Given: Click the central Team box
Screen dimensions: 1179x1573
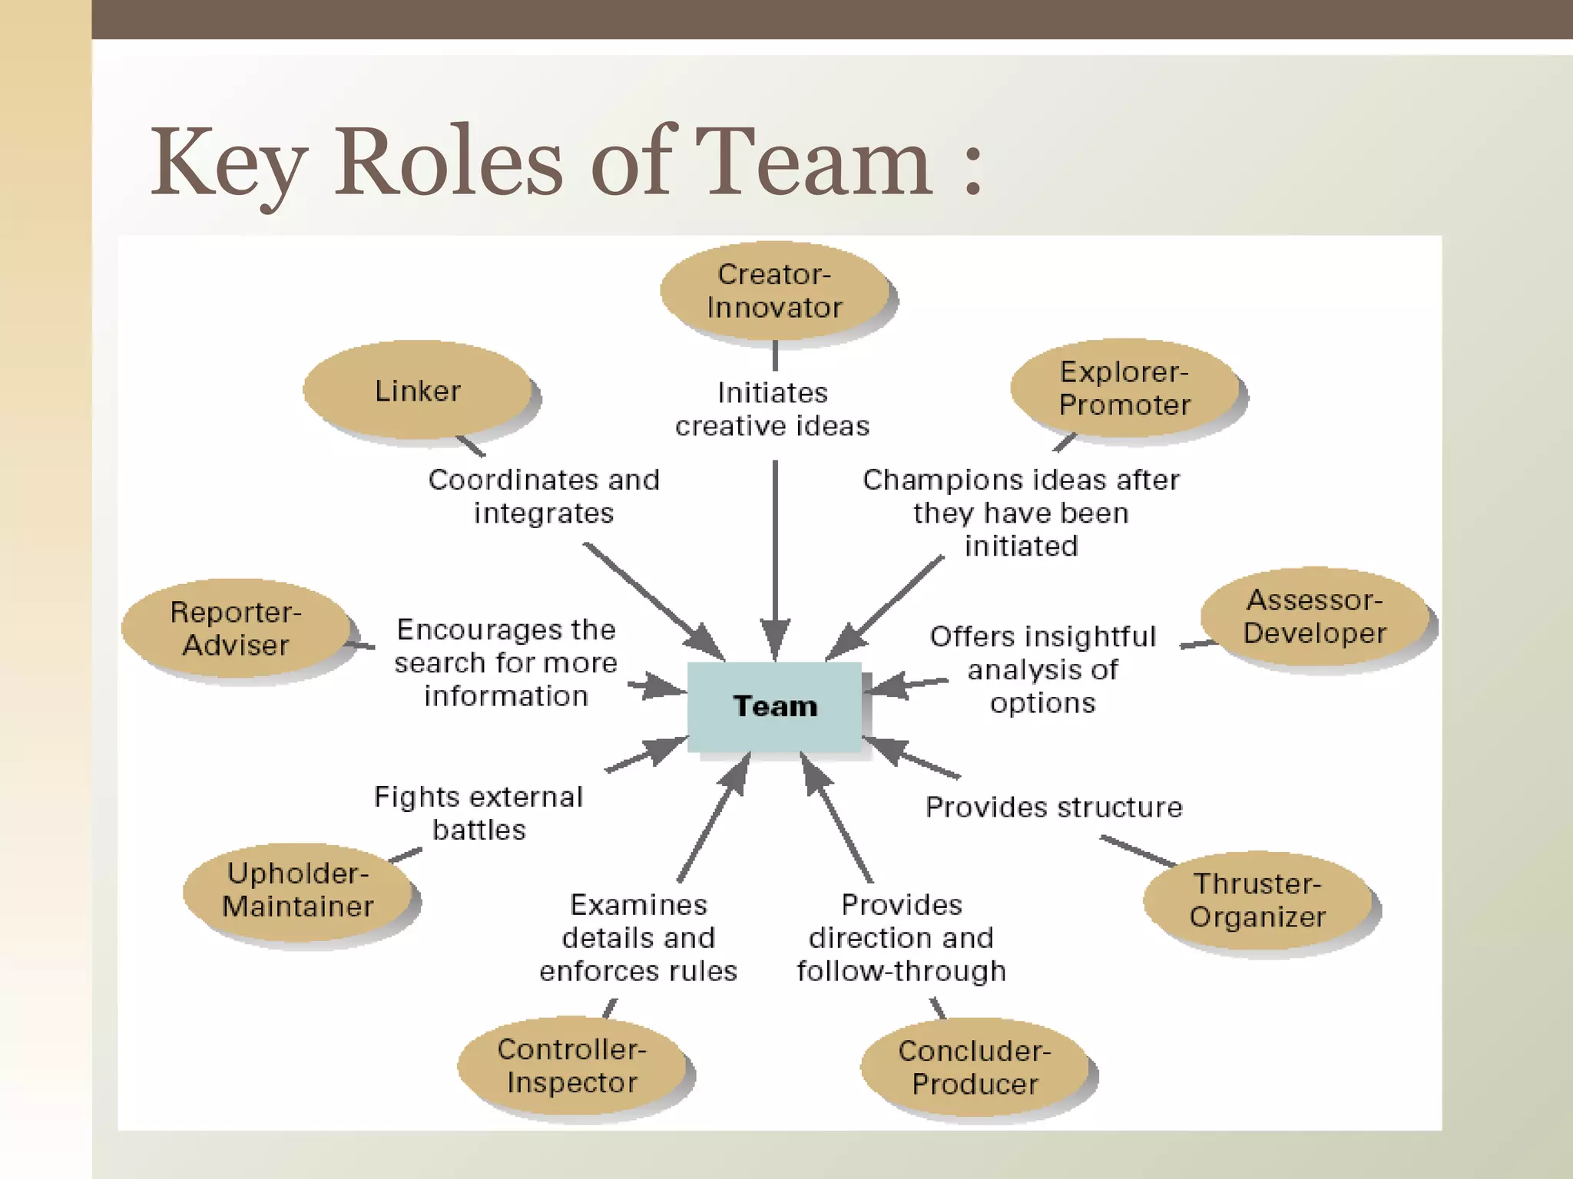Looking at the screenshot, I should coord(774,706).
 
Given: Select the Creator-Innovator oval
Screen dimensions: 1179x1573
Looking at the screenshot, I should coord(774,291).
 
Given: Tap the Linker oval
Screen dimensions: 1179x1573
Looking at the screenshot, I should coord(418,391).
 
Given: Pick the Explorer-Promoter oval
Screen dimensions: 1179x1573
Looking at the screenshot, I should coord(1124,388).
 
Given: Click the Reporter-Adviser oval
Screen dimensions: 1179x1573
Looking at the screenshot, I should coord(236,629).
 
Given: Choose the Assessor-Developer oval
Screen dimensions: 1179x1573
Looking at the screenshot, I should coord(1315,617).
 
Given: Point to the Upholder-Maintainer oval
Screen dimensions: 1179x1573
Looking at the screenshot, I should coord(299,890).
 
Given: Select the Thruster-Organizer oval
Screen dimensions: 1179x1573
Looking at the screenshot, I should coord(1257,900).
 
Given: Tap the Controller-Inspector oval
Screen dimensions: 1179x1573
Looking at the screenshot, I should coord(572,1065).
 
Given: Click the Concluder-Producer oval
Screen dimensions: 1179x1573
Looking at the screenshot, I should coord(975,1067).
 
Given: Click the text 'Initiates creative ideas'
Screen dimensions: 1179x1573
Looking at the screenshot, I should coord(773,409).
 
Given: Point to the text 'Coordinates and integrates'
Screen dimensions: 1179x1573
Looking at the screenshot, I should coord(544,496).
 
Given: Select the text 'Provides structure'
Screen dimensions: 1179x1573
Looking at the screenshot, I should coord(1054,807).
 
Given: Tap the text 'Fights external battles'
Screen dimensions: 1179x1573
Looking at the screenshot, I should coord(479,814).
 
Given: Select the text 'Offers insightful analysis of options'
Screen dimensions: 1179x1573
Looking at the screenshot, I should coord(1042,669).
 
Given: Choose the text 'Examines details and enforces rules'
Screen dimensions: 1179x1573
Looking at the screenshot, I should coord(638,938).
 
